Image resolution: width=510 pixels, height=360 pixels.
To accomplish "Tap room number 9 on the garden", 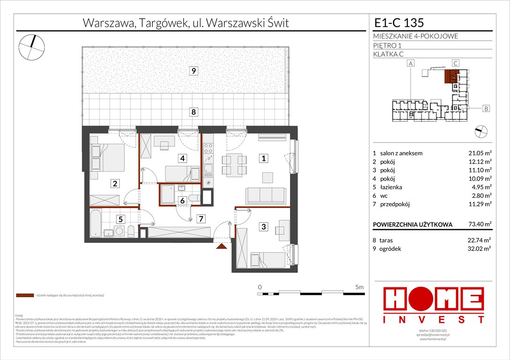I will click(x=193, y=71).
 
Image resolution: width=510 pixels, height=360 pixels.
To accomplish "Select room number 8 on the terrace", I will click(x=193, y=112).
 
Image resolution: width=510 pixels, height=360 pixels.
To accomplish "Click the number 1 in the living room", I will click(x=264, y=159).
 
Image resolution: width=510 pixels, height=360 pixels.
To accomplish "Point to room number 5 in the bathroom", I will click(x=120, y=218).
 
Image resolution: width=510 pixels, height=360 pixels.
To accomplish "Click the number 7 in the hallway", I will click(x=200, y=218).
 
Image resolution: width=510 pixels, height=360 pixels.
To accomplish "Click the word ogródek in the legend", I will click(x=392, y=249).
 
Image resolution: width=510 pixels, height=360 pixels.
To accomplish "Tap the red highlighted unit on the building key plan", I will click(x=450, y=76).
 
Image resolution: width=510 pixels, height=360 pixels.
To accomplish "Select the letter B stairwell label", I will click(x=486, y=109).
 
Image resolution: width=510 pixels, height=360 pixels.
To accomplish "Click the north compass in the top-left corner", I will click(x=32, y=46).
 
